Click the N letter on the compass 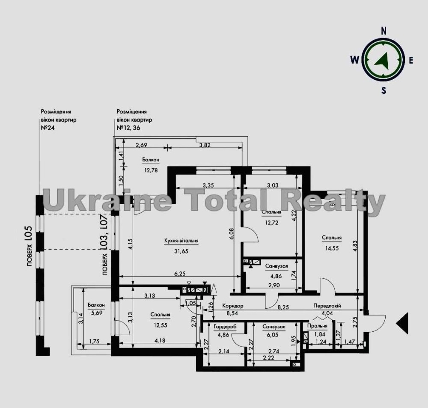[383, 31]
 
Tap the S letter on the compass [384, 90]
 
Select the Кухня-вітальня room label [181, 241]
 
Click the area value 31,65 [181, 251]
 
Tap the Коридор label [232, 306]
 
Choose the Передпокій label [327, 306]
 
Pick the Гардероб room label [225, 327]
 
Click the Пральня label [317, 326]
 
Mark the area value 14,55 [332, 248]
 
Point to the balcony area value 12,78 [151, 170]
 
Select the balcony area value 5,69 [97, 313]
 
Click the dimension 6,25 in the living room [180, 274]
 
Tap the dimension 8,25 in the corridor [283, 307]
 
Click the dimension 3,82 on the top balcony [205, 145]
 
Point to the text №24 [48, 128]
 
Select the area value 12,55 [160, 325]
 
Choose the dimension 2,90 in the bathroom [274, 286]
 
